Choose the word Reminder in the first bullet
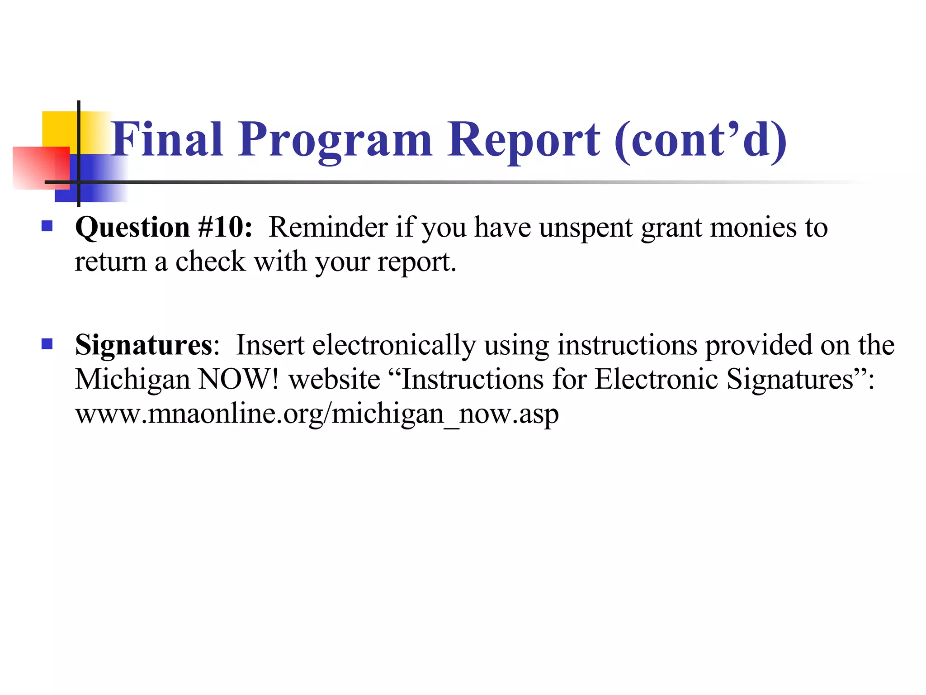tap(328, 227)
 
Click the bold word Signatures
tap(143, 346)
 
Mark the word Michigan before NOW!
tap(132, 380)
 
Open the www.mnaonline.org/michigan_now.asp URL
tap(317, 414)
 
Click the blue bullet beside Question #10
tap(47, 226)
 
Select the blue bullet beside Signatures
tap(47, 344)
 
